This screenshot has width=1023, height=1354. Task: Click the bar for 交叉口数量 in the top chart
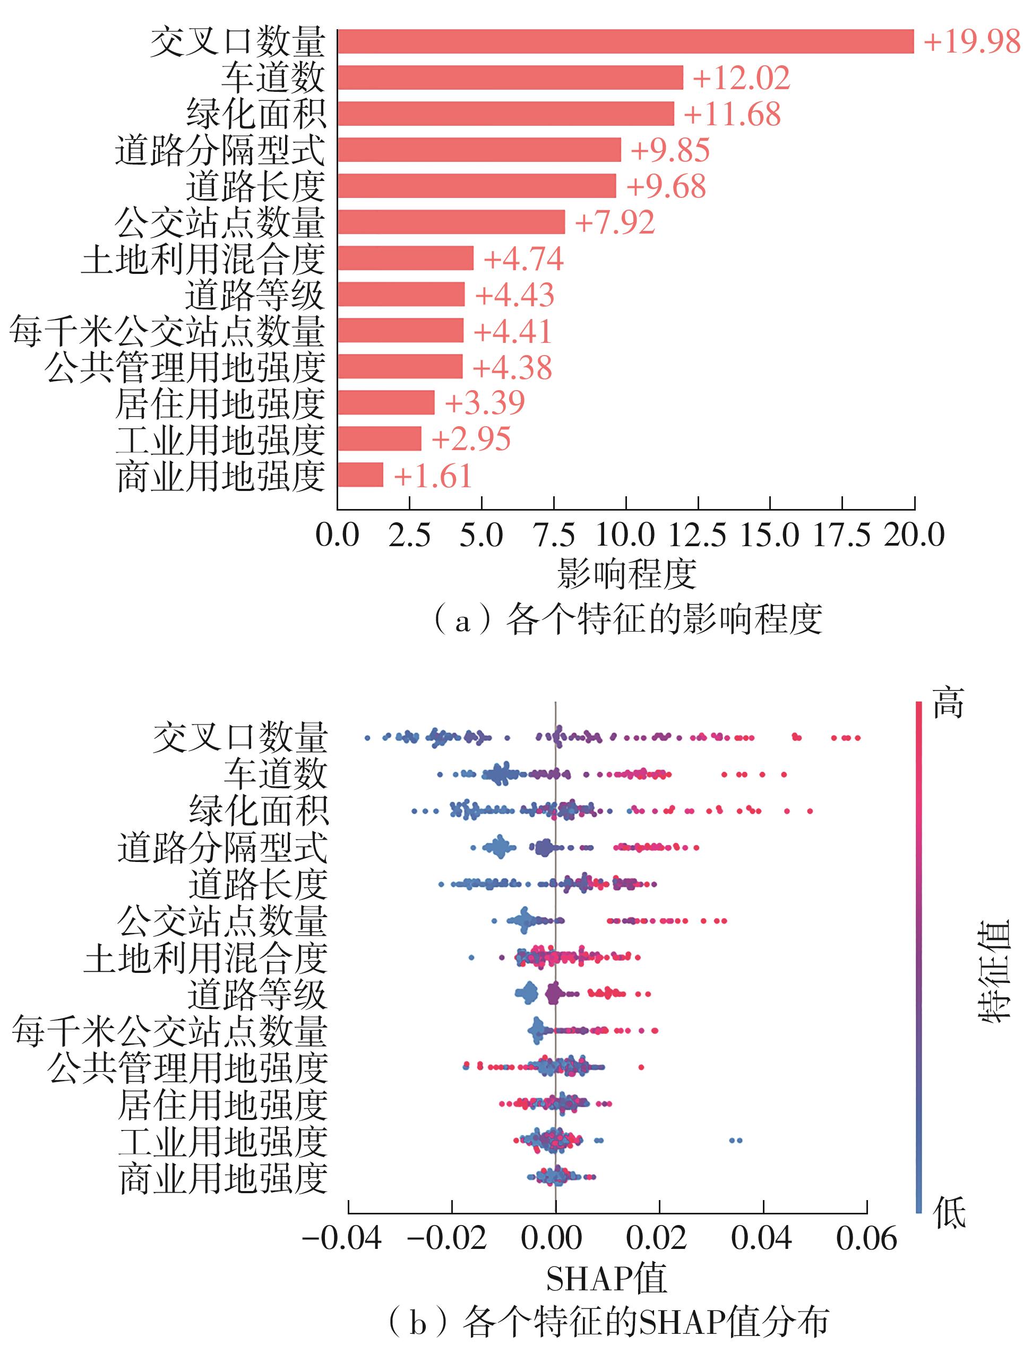tap(624, 41)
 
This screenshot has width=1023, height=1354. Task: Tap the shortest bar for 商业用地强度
tap(360, 475)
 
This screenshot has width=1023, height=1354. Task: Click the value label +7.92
tap(614, 222)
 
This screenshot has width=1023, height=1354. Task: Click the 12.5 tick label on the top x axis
tap(697, 536)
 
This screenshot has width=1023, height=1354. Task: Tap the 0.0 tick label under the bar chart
tap(337, 536)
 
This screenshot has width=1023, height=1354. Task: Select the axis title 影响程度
tap(626, 574)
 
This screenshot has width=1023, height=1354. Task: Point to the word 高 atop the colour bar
tap(948, 702)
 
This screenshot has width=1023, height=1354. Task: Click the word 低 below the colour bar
tap(949, 1211)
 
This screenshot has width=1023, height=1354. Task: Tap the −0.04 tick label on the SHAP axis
tap(343, 1239)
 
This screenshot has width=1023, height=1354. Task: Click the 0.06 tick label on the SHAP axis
tap(866, 1239)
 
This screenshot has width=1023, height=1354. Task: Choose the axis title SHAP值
tap(606, 1279)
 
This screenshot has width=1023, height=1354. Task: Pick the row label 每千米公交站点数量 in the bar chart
tap(167, 331)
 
